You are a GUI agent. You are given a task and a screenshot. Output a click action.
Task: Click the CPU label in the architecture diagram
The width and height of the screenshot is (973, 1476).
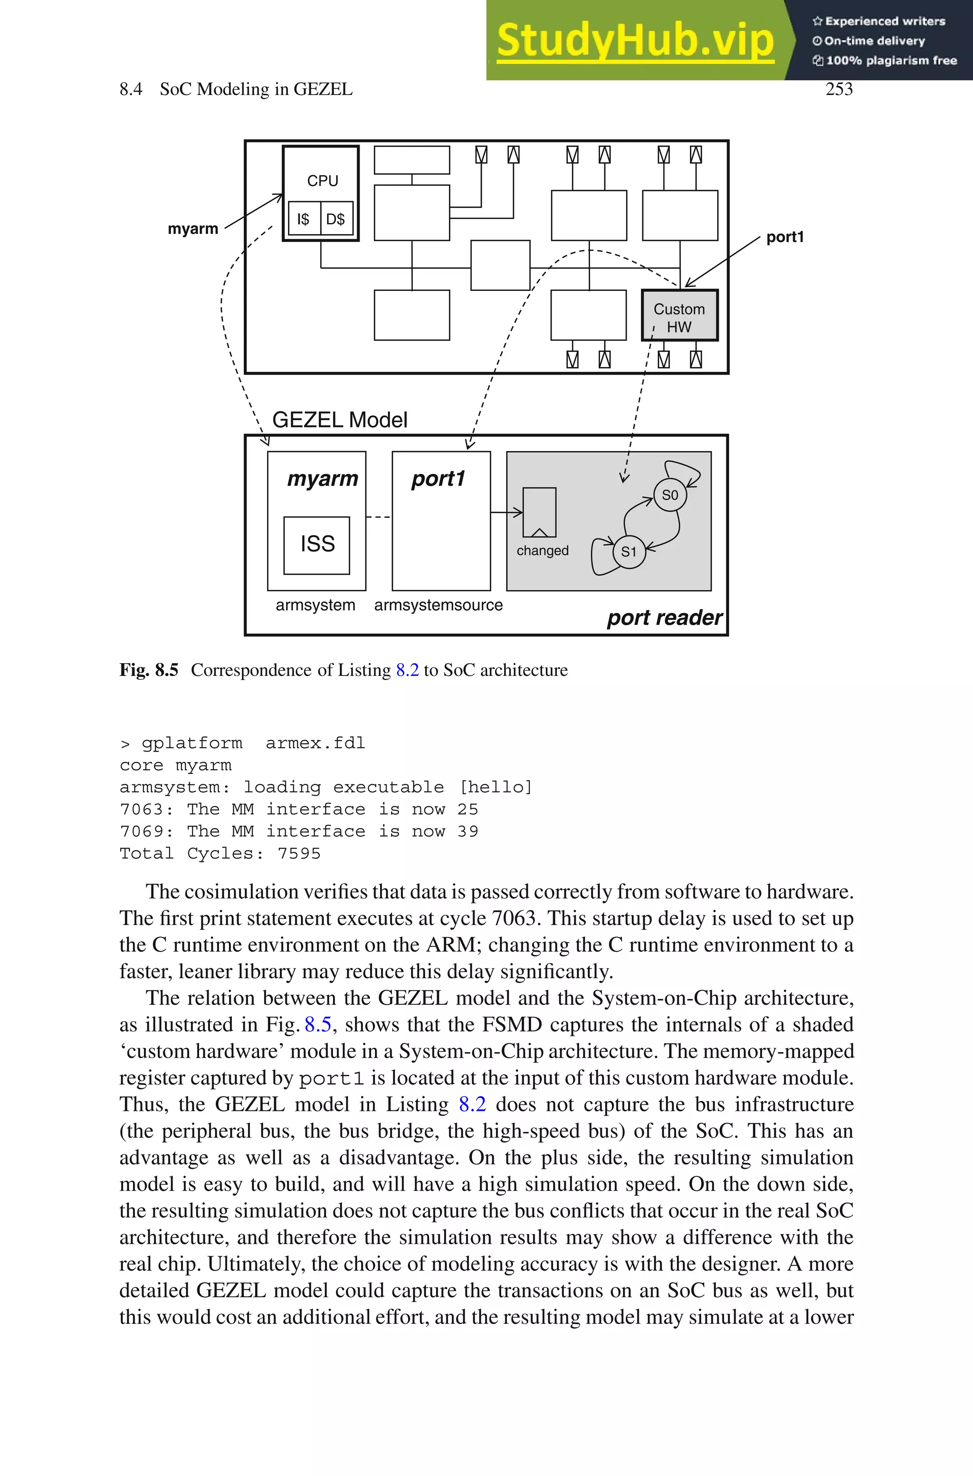[323, 181]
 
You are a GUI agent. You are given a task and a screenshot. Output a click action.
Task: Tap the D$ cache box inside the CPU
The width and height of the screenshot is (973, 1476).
[336, 219]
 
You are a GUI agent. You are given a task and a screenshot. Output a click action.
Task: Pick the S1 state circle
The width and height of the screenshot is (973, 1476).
[629, 551]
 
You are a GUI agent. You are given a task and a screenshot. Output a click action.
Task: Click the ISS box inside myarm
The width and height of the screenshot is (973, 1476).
[317, 544]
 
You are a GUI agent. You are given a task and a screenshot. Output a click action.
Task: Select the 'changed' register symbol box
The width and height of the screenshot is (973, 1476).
[539, 512]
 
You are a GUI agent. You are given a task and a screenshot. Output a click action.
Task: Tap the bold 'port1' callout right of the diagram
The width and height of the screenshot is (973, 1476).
[785, 237]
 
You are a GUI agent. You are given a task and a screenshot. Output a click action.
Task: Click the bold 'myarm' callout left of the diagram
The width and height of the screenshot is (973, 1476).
[193, 229]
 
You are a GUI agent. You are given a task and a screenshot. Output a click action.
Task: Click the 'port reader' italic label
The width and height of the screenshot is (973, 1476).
[664, 617]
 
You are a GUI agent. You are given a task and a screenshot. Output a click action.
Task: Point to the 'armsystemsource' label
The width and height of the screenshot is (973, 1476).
[438, 605]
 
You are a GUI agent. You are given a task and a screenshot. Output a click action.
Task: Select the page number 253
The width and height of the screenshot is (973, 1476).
[839, 89]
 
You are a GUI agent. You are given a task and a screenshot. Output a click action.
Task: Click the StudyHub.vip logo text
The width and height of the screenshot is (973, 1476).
[635, 40]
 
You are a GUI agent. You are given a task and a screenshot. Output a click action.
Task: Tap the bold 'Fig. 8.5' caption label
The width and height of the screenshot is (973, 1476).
[149, 670]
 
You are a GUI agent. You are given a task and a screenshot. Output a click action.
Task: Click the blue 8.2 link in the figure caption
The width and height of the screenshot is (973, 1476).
[407, 670]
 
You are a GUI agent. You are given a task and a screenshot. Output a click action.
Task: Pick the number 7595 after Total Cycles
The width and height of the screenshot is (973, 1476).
[299, 853]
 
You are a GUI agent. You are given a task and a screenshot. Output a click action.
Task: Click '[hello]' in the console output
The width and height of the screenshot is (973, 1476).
[495, 787]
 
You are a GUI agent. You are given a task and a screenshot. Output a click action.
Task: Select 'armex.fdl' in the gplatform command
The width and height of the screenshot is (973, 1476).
[315, 743]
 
